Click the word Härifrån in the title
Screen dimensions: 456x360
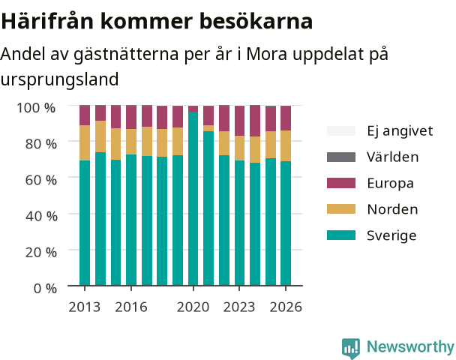pyautogui.click(x=47, y=21)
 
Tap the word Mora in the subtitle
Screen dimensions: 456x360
pyautogui.click(x=267, y=53)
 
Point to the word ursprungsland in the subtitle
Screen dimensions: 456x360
pyautogui.click(x=59, y=79)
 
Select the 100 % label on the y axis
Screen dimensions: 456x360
pyautogui.click(x=36, y=107)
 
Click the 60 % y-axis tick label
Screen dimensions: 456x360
pyautogui.click(x=41, y=180)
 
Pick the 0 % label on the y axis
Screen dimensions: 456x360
pyautogui.click(x=45, y=289)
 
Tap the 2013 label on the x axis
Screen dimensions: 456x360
pyautogui.click(x=84, y=307)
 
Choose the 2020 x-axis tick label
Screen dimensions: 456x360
pyautogui.click(x=193, y=307)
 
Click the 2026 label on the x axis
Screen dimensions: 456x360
pyautogui.click(x=286, y=307)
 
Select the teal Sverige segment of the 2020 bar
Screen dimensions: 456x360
pyautogui.click(x=193, y=199)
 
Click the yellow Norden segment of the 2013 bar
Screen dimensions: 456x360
pyautogui.click(x=85, y=142)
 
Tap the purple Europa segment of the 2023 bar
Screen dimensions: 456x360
pyautogui.click(x=240, y=121)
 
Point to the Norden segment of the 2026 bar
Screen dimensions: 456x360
pyautogui.click(x=286, y=146)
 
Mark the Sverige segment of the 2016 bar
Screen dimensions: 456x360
pyautogui.click(x=131, y=220)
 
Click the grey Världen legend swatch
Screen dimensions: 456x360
pyautogui.click(x=341, y=157)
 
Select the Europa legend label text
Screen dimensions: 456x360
pyautogui.click(x=390, y=184)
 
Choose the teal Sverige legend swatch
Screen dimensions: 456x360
pyautogui.click(x=341, y=235)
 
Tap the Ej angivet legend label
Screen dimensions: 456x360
pyautogui.click(x=400, y=131)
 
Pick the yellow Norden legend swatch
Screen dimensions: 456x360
pyautogui.click(x=341, y=209)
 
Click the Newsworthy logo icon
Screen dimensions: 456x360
pyautogui.click(x=351, y=348)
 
